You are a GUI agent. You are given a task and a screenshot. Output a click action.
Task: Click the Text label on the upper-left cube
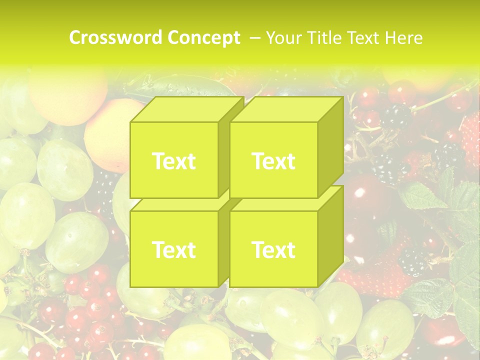[x=173, y=161]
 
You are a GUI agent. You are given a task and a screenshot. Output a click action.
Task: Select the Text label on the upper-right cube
[x=273, y=161]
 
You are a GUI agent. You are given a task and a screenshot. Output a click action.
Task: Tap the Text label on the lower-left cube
[x=173, y=249]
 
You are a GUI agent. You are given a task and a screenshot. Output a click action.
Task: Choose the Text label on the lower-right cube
[x=273, y=249]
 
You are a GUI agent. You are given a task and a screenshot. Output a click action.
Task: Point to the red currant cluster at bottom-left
[x=85, y=310]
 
